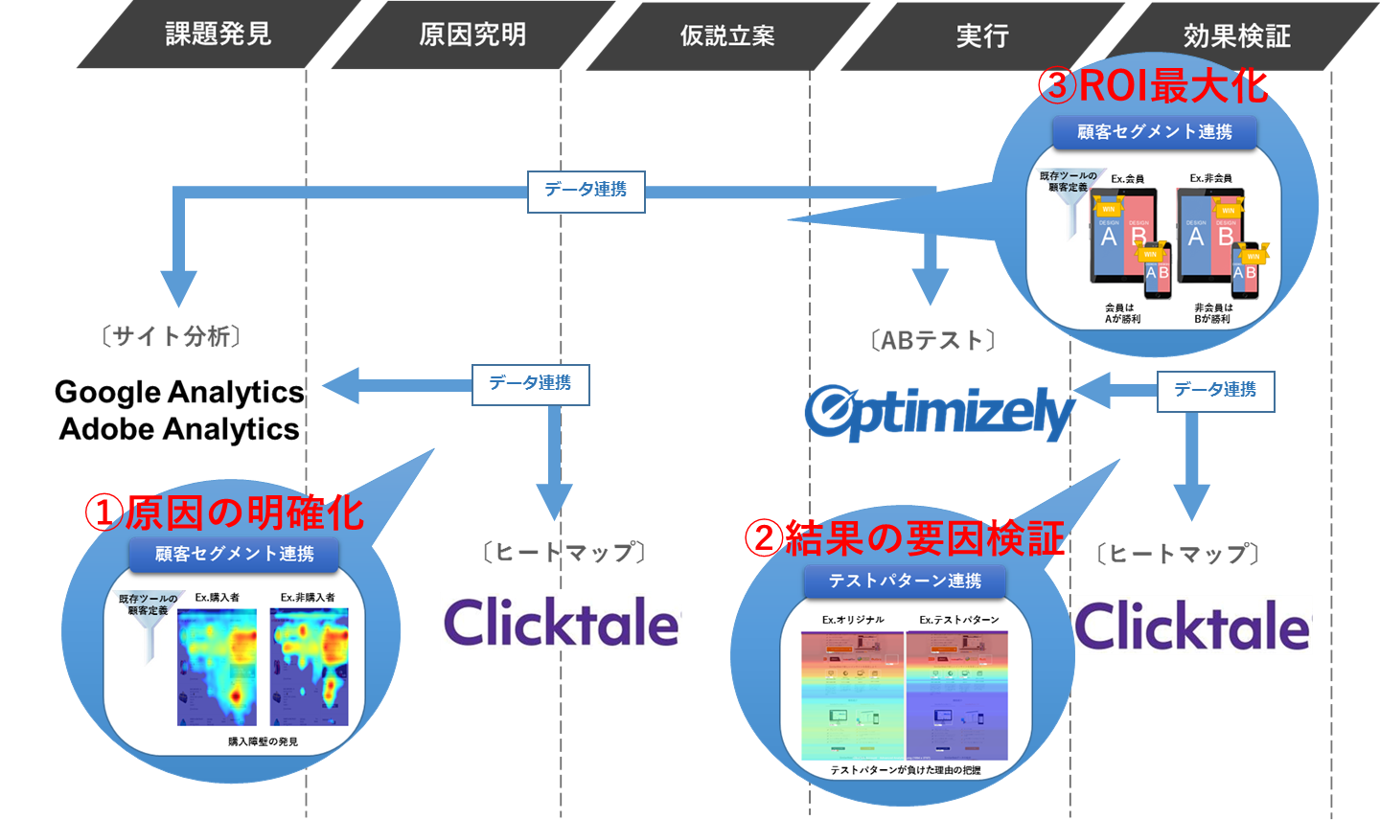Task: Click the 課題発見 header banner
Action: [218, 34]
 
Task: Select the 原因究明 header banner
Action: [472, 34]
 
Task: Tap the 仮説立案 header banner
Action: [727, 35]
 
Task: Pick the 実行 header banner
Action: [982, 35]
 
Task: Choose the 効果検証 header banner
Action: [1236, 35]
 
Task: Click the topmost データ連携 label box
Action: [586, 191]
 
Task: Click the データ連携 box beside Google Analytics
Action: [530, 384]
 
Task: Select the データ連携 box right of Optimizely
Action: [1215, 391]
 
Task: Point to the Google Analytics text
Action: [179, 392]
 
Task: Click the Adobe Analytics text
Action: [179, 429]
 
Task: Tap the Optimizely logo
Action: [939, 413]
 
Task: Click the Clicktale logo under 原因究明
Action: [562, 623]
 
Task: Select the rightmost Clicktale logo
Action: [1192, 626]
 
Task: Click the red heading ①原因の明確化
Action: [225, 512]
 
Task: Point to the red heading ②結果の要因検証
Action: [905, 538]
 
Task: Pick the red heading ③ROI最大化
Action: [1153, 86]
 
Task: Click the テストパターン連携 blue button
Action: [905, 581]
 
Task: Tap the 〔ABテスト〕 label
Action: [933, 340]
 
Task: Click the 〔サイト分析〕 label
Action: [171, 336]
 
